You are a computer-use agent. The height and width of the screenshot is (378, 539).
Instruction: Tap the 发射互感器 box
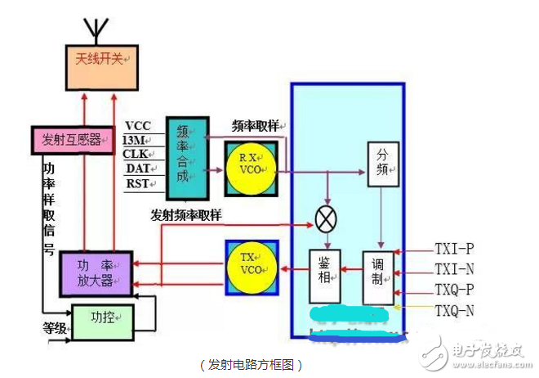72,140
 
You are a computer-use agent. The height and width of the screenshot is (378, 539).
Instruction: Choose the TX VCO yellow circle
251,268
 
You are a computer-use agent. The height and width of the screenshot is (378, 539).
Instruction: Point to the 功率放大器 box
96,274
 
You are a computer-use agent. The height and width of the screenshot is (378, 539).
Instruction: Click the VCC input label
140,126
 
